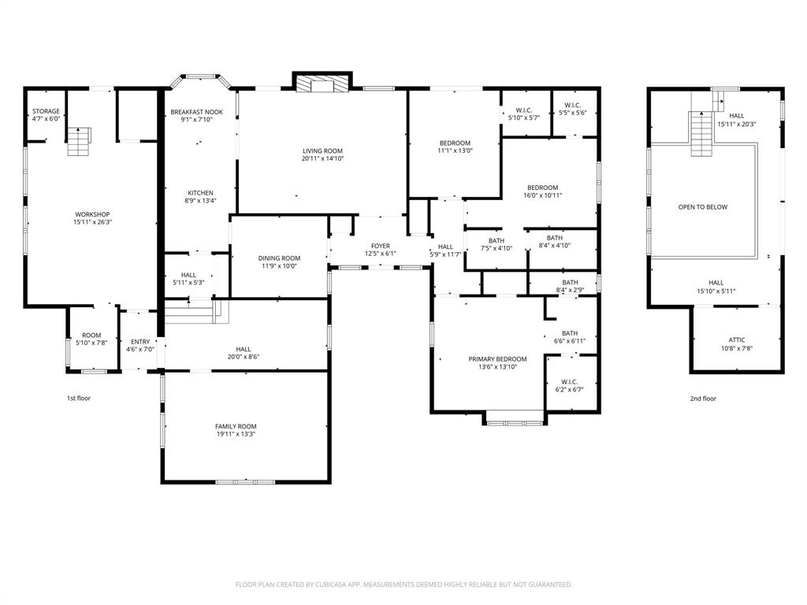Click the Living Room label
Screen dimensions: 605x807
(322, 150)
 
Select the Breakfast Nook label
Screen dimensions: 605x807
(196, 113)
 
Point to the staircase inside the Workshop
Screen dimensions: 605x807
(77, 143)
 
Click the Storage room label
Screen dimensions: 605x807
(46, 111)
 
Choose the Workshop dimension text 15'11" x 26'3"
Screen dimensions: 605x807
(92, 222)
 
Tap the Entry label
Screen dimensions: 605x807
(140, 342)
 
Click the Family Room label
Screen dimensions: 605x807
(236, 426)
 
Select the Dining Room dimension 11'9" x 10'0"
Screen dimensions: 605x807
(279, 266)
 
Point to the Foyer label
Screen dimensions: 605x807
(381, 246)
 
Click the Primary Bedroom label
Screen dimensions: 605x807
(497, 359)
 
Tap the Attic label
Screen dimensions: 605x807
(736, 340)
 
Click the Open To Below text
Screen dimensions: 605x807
(703, 207)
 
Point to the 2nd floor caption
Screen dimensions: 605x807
(703, 399)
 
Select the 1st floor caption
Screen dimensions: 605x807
(78, 399)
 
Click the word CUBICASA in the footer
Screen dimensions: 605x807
(328, 585)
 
